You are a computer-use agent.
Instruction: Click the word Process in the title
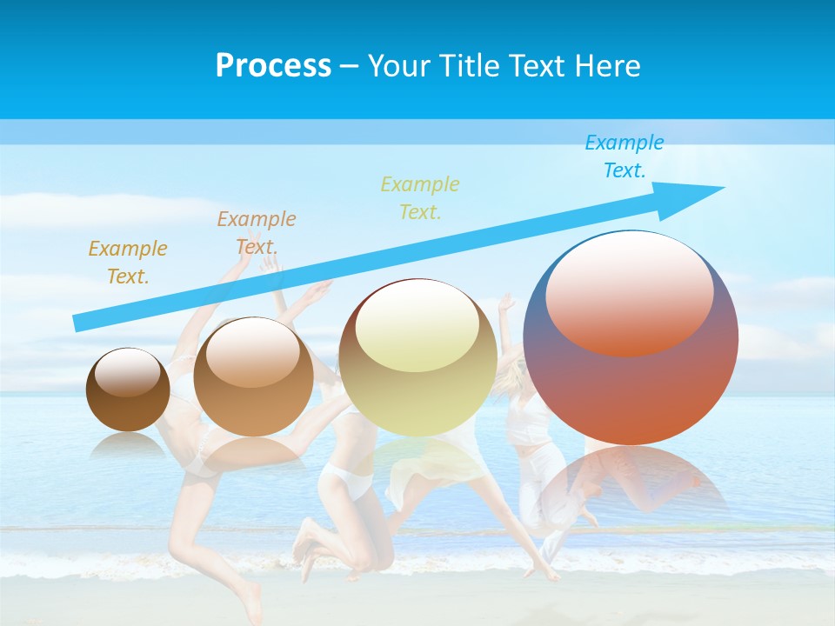273,66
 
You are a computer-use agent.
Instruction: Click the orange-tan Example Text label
257,233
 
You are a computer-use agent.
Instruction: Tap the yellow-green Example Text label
420,197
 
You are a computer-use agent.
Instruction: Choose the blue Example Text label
624,156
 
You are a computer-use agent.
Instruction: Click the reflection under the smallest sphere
128,445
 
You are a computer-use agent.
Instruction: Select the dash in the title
349,66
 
